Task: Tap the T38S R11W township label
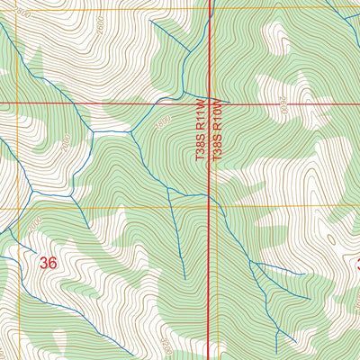pos(201,131)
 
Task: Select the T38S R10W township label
pos(217,131)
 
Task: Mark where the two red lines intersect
pos(210,102)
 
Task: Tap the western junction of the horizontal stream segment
pos(93,132)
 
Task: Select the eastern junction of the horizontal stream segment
pos(132,131)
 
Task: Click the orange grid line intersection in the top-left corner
pos(17,10)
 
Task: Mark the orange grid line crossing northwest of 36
pos(15,208)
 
